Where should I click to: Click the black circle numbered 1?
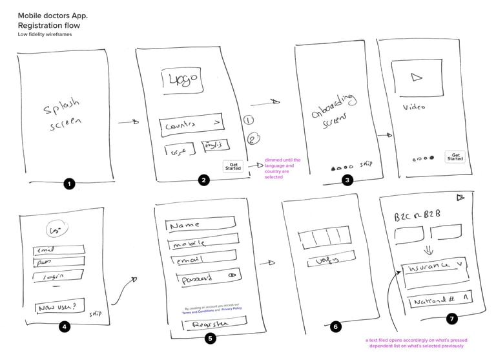pos(70,184)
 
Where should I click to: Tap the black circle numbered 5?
pos(210,337)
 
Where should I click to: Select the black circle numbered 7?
pos(452,318)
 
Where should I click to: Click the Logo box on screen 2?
pos(182,81)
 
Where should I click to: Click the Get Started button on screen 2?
pos(232,166)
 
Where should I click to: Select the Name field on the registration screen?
pos(201,226)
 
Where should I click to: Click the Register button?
pos(207,323)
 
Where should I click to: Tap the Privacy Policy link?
pos(231,308)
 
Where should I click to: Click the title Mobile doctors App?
pos(53,15)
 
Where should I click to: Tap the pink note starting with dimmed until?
pos(283,168)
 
